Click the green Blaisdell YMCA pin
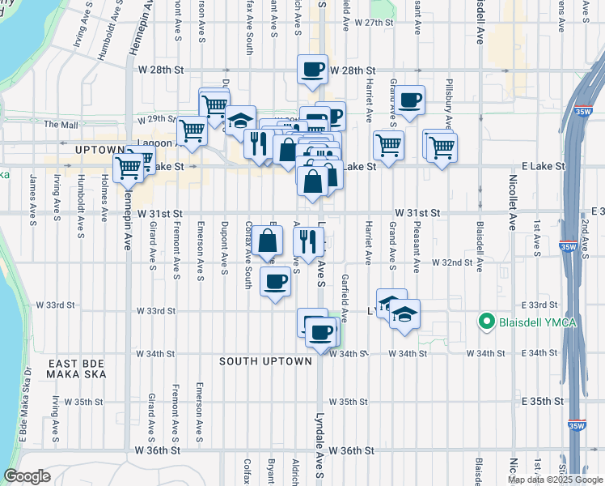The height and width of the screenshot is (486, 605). point(486,322)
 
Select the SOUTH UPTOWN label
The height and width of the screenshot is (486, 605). point(266,361)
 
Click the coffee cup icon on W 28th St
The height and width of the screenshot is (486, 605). point(313,70)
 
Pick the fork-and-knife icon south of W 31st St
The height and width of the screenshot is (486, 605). point(307,241)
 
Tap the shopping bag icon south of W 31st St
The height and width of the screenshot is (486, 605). point(268,241)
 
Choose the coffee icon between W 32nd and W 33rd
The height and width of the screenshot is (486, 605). point(276,281)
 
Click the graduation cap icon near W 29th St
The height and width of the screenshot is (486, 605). point(240,121)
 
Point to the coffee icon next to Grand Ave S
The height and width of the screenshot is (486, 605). point(410,100)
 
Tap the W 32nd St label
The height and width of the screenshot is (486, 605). point(451,263)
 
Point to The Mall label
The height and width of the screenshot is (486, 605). point(61,125)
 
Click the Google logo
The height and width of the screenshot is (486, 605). point(27,476)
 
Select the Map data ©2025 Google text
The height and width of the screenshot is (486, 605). point(555,480)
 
